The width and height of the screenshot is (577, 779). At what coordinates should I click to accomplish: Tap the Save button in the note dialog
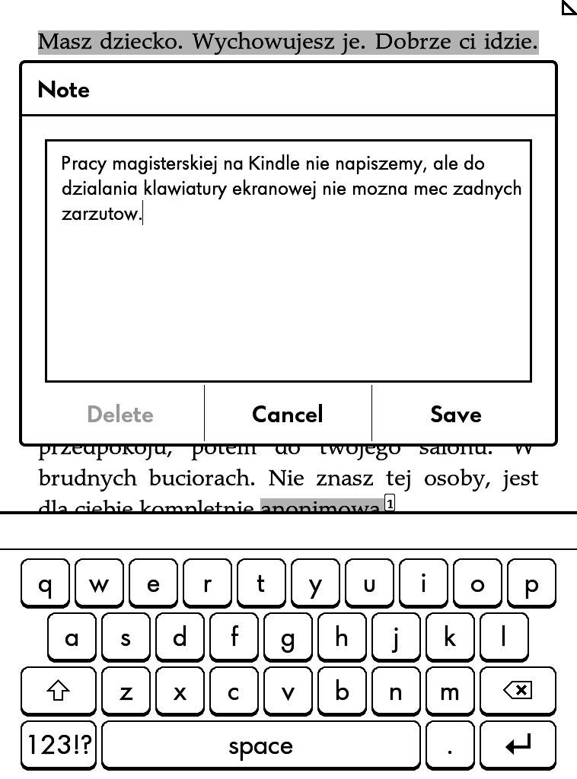coord(455,415)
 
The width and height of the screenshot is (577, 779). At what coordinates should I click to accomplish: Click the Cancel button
coord(288,415)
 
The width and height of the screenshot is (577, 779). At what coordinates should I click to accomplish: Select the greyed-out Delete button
coord(120,415)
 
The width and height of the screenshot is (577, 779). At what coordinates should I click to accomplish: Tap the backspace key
coord(518,691)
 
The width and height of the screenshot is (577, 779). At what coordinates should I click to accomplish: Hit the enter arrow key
coord(518,746)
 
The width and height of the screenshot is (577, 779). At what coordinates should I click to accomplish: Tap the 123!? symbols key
coord(59,746)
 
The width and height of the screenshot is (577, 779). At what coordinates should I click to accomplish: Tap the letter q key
coord(45,583)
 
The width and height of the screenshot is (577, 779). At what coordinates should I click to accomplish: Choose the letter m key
coord(450,691)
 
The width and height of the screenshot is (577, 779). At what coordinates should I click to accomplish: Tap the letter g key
coord(288,638)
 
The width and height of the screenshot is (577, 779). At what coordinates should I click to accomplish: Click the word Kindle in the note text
coord(275,164)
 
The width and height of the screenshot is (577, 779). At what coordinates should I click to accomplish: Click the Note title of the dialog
coord(64,90)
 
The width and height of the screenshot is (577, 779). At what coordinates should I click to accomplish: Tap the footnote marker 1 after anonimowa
coord(391,503)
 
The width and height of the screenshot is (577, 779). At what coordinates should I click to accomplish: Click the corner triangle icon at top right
coord(569,8)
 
